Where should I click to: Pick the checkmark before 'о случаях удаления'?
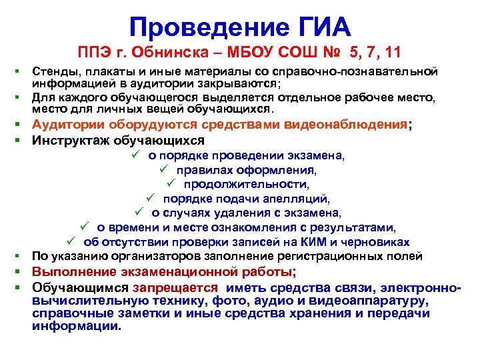pyautogui.click(x=138, y=213)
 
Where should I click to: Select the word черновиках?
pyautogui.click(x=379, y=241)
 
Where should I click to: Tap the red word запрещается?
pyautogui.click(x=175, y=287)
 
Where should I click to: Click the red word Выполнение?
pyautogui.click(x=74, y=271)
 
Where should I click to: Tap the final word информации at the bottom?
pyautogui.click(x=76, y=327)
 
